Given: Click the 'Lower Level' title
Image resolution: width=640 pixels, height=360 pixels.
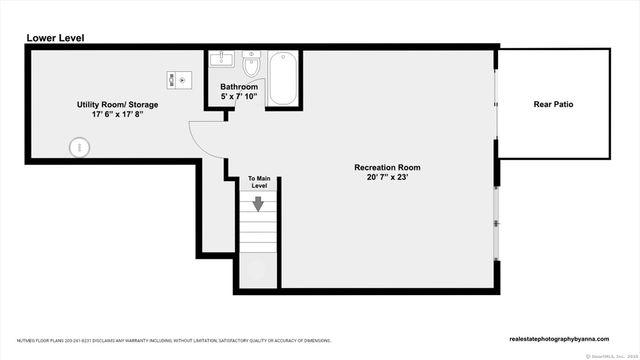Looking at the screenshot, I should point(54,38).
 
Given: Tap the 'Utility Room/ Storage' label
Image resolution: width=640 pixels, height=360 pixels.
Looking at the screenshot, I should point(117,104).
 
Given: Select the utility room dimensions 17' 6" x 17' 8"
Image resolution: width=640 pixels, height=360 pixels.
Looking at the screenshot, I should point(117,115).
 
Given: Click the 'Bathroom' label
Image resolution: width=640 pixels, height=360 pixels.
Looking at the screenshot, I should point(239,87).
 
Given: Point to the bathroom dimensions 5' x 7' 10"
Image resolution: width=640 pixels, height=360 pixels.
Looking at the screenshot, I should point(239,97).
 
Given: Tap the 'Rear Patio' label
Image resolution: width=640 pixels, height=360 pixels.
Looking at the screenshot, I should point(553,104).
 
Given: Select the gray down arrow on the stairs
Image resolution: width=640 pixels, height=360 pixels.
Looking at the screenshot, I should point(258,204).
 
